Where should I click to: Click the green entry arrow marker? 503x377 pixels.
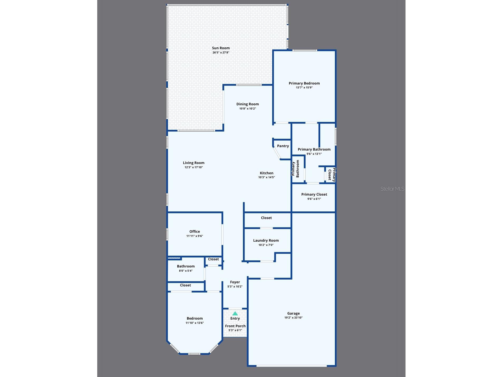[x=235, y=314]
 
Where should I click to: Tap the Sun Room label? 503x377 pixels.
[x=221, y=48]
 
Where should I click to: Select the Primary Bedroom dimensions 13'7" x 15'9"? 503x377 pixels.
[x=304, y=87]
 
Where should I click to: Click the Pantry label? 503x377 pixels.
[x=283, y=146]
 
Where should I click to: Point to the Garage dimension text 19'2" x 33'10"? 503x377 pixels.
[x=293, y=318]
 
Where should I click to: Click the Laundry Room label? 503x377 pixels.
[x=266, y=240]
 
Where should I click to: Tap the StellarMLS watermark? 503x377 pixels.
[x=392, y=189]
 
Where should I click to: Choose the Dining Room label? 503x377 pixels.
[x=247, y=104]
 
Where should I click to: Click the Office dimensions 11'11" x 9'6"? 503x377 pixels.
[x=194, y=236]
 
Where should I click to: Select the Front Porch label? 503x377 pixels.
[x=235, y=326]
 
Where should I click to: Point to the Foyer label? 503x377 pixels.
[x=235, y=282]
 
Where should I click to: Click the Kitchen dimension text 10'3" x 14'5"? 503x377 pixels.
[x=266, y=177]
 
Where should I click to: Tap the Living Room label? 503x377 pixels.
[x=194, y=163]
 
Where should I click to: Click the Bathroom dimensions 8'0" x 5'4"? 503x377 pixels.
[x=186, y=271]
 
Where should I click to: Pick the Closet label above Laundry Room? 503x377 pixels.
[x=266, y=218]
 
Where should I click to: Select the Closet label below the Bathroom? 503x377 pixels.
[x=185, y=285]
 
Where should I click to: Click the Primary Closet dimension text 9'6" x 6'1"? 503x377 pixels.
[x=314, y=199]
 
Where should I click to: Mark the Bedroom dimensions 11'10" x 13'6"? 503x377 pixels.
[x=194, y=323]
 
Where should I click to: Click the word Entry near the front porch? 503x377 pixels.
[x=235, y=318]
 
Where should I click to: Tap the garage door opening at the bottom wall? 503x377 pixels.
[x=291, y=366]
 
